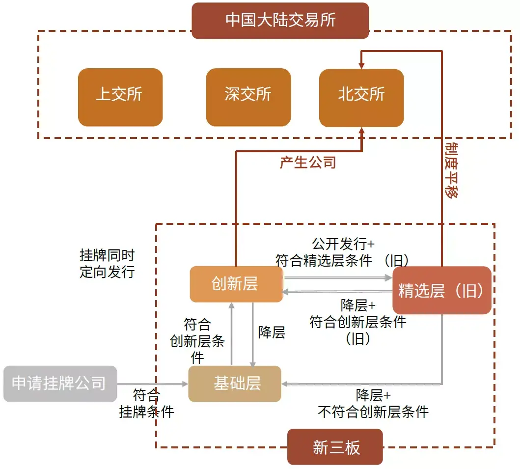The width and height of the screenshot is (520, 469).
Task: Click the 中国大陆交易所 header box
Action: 280,21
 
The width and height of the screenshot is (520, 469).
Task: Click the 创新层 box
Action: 236,284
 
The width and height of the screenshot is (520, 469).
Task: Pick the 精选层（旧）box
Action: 441,290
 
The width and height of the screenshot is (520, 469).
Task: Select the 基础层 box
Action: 235,384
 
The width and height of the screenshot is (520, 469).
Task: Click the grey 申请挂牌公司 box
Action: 60,384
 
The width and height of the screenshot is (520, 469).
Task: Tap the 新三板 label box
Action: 335,446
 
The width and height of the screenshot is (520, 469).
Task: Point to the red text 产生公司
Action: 308,162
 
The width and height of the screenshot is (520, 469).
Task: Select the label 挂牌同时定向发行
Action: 107,264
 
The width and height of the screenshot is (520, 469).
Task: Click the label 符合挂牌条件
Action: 146,403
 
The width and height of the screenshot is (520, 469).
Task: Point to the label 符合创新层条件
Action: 197,340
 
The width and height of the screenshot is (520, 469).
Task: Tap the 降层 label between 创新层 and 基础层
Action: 272,332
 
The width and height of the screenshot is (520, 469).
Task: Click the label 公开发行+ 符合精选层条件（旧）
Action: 343,252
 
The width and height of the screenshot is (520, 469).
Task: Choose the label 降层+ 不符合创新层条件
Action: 373,403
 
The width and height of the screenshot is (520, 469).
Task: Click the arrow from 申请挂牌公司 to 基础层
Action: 152,384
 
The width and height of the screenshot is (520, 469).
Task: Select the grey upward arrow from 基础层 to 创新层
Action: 231,334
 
